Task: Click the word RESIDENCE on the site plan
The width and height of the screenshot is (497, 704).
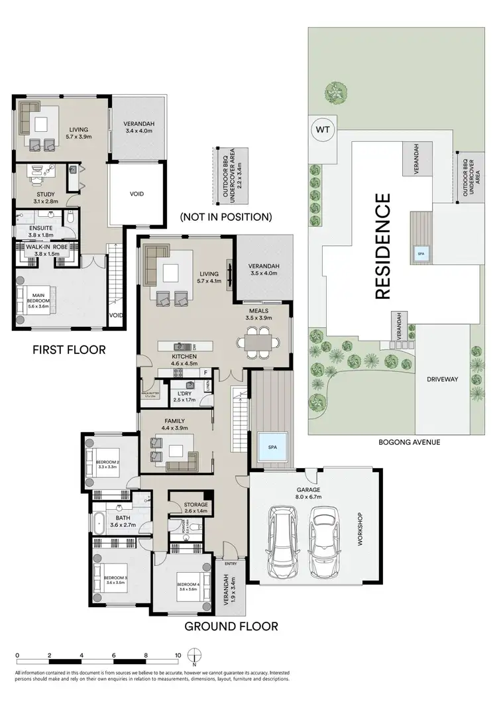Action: (x=382, y=247)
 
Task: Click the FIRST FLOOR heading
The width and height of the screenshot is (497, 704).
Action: (x=69, y=349)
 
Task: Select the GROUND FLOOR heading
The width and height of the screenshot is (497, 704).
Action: (x=231, y=626)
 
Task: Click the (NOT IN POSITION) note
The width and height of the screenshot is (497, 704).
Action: (x=226, y=216)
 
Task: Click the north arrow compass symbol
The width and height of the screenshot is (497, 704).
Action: (x=194, y=659)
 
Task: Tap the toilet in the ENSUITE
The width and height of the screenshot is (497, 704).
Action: (x=70, y=219)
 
